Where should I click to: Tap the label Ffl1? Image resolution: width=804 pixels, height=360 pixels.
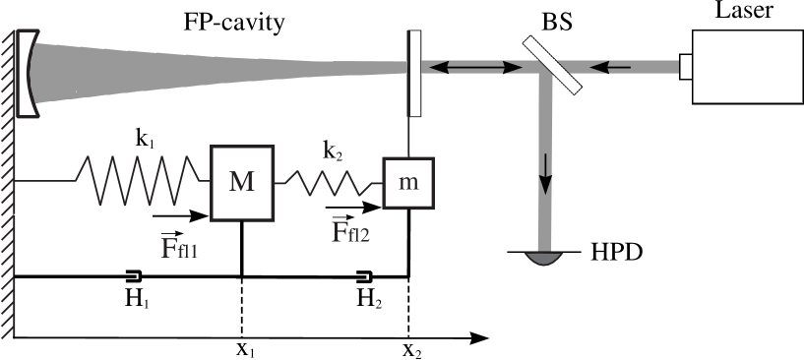(x=179, y=247)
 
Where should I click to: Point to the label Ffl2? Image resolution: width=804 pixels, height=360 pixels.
(x=350, y=232)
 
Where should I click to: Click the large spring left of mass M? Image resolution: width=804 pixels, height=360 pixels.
(x=143, y=180)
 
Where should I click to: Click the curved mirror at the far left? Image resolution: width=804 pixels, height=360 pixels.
(x=31, y=74)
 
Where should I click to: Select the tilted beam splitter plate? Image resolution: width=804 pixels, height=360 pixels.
(x=552, y=65)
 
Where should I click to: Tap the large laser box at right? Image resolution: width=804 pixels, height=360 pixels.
(x=746, y=67)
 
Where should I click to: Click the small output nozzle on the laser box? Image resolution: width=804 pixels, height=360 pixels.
(x=684, y=67)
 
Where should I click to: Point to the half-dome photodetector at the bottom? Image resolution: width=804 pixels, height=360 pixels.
(x=542, y=259)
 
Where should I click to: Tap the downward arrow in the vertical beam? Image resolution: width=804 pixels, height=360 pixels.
(x=544, y=177)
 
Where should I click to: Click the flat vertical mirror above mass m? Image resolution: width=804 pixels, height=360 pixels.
(x=414, y=74)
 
